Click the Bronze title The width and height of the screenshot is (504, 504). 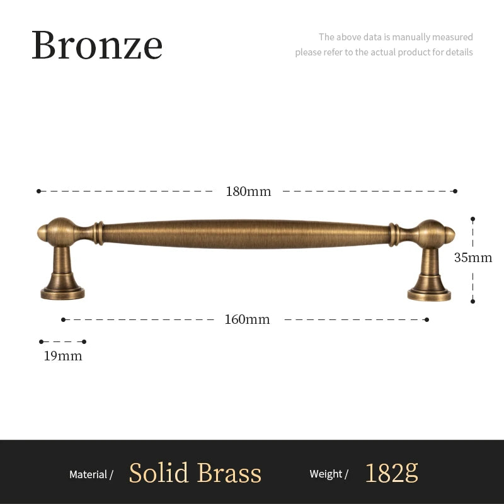[97, 45]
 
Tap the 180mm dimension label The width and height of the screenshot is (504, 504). [248, 192]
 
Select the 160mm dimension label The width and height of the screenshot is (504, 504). [247, 319]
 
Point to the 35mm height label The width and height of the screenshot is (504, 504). [473, 258]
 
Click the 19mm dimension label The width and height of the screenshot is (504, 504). [63, 356]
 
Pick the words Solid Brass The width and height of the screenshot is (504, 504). [195, 473]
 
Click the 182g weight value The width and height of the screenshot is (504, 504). [391, 473]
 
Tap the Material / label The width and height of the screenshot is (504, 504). [91, 474]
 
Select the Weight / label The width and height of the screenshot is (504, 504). [329, 474]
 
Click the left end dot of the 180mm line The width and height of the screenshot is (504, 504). [38, 192]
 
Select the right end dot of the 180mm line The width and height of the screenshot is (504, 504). [455, 192]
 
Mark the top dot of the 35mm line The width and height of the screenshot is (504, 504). [473, 219]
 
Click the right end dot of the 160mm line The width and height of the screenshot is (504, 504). [427, 319]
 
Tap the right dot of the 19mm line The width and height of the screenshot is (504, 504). [84, 341]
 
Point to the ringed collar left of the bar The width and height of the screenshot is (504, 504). [99, 233]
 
